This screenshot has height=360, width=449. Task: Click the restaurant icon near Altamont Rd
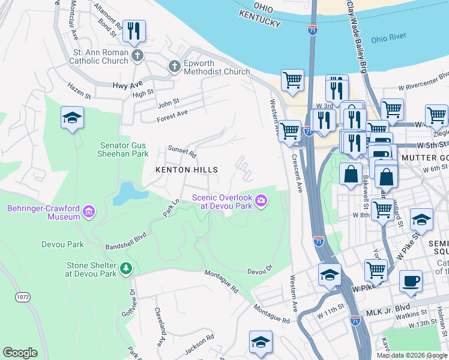[x=134, y=31]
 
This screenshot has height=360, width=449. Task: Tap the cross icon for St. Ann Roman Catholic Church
[x=137, y=56]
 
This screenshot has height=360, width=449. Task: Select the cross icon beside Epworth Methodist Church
[x=175, y=66]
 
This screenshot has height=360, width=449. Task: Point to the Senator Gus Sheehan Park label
[x=122, y=149]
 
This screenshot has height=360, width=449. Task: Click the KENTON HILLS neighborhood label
[x=187, y=170]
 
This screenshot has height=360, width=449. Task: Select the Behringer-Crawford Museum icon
[x=89, y=211]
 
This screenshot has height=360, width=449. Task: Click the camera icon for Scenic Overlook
[x=261, y=200]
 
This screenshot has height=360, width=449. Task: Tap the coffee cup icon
[x=411, y=281]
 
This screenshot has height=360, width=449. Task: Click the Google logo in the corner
[x=20, y=353]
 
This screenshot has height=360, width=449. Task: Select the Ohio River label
[x=388, y=40]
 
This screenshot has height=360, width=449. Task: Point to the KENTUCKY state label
[x=259, y=23]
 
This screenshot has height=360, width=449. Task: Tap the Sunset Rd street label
[x=182, y=151]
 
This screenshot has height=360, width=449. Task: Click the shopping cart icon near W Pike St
[x=376, y=270]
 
